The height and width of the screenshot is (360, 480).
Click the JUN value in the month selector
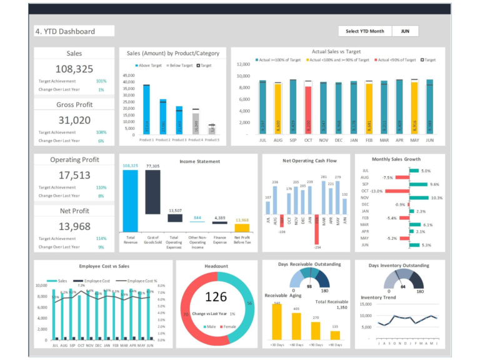point(405,31)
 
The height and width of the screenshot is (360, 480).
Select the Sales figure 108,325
point(74,69)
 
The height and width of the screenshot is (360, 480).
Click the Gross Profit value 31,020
point(74,120)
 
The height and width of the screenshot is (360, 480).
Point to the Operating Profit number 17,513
point(74,176)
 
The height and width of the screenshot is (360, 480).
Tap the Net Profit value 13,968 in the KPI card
point(74,226)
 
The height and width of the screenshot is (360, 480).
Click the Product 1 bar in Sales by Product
point(146,110)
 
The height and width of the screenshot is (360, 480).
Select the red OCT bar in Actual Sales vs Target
point(308,109)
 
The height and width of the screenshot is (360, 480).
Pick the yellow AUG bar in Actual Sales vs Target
point(277,109)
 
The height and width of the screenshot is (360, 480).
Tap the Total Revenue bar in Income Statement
point(130,200)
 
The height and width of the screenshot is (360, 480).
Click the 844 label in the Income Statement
point(197,217)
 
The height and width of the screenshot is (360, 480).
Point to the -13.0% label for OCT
point(376,191)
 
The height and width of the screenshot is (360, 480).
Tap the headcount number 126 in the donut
point(216,297)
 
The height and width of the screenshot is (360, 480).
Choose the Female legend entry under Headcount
point(229,327)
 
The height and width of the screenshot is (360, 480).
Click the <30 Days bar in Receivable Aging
point(276,322)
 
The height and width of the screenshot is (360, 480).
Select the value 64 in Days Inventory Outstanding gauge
point(403,287)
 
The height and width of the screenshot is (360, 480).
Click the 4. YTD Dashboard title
point(74,31)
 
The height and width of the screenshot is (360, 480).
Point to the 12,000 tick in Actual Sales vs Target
point(242,64)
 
